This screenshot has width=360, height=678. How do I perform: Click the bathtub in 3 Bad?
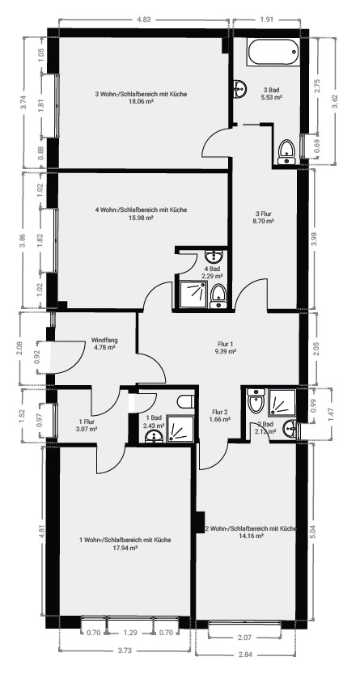click(273, 53)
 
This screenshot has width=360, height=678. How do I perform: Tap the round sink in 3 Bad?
click(239, 89)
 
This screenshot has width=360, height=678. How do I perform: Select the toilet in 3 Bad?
click(286, 152)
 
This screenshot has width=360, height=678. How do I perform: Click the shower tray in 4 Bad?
click(193, 295)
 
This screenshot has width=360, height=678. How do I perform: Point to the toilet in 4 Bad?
click(218, 296)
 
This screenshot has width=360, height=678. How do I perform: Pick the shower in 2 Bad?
click(282, 403)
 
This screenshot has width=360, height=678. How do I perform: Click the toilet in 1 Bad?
click(185, 401)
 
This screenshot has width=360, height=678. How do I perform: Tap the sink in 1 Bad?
click(154, 437)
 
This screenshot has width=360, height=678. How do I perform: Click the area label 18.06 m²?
click(142, 102)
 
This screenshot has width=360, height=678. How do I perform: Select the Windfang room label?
click(104, 340)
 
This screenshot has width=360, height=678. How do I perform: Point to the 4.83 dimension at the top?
click(144, 19)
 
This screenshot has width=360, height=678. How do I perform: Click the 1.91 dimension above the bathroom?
click(267, 19)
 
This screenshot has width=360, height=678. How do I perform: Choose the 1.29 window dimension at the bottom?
click(130, 633)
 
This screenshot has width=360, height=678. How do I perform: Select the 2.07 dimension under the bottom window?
click(245, 638)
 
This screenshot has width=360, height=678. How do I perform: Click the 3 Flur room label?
click(264, 213)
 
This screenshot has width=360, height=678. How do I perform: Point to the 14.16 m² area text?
click(252, 536)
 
